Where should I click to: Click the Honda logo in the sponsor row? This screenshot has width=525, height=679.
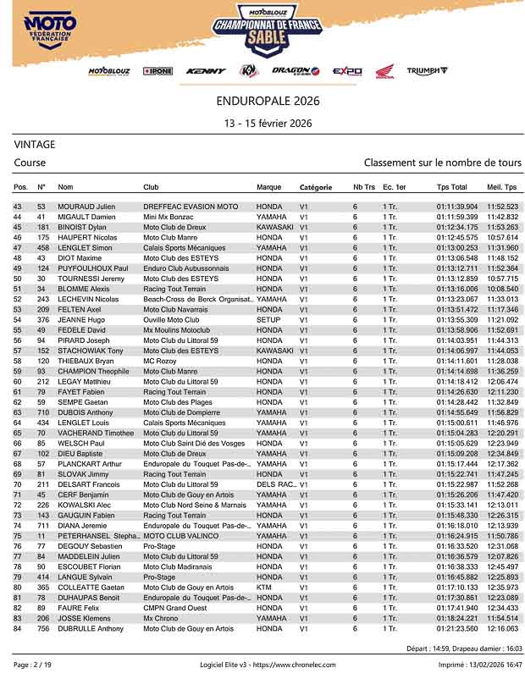click(384, 72)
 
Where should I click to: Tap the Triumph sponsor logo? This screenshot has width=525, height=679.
click(427, 71)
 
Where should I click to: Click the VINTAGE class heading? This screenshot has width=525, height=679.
click(35, 145)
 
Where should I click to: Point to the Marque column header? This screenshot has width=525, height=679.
click(269, 186)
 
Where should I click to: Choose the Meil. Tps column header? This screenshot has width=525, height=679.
click(501, 186)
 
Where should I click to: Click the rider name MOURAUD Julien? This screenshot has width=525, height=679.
click(86, 207)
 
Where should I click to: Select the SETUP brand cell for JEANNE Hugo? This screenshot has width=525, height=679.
click(268, 321)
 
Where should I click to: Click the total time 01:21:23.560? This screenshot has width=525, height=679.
click(457, 628)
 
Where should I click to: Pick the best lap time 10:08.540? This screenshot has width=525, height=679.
click(502, 289)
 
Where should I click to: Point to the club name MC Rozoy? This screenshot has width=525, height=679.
click(161, 361)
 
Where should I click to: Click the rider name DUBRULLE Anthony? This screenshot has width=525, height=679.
click(91, 628)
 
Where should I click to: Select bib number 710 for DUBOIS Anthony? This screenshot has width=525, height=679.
click(41, 412)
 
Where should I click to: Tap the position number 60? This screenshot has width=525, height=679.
click(17, 382)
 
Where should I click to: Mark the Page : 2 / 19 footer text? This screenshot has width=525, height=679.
click(33, 665)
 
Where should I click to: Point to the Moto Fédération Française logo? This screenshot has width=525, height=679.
click(51, 34)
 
